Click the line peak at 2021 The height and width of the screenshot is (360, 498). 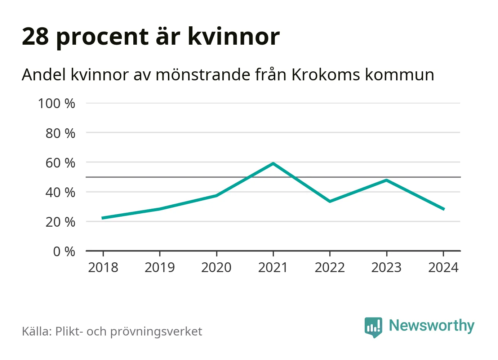tap(273, 164)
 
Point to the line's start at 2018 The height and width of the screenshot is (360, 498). tap(103, 218)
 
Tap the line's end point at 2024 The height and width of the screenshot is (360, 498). tap(443, 209)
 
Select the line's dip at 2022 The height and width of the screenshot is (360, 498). tap(330, 201)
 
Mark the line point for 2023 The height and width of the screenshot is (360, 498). tap(387, 180)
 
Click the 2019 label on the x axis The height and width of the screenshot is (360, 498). tap(160, 267)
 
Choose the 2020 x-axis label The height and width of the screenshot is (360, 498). tap(216, 267)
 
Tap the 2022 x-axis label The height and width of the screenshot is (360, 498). tap(330, 267)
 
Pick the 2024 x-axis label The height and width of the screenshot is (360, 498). tap(443, 267)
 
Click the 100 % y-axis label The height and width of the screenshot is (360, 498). tap(57, 103)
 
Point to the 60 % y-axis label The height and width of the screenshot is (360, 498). tap(60, 163)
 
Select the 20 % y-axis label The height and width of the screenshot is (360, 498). tap(60, 222)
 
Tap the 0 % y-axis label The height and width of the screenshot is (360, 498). tap(64, 252)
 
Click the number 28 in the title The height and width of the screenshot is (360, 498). tap(35, 36)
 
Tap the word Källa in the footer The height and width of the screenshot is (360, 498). tap(37, 331)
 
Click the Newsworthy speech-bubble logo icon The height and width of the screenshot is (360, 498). tap(373, 327)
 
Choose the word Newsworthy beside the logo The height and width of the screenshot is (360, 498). tap(431, 325)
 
